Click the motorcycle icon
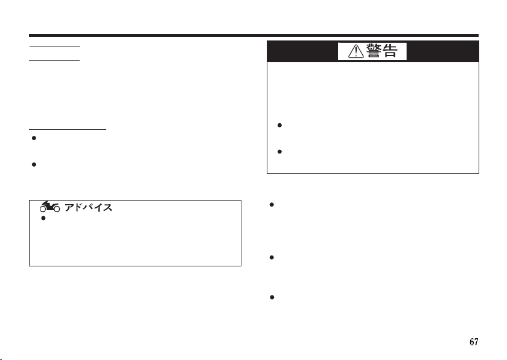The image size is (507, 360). pos(48,207)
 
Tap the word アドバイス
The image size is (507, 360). pos(89,207)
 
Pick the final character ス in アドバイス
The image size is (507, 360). pos(109,207)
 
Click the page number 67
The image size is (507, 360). pos(474,342)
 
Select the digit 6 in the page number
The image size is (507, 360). pos(472,342)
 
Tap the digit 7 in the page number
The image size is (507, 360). pos(477,342)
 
